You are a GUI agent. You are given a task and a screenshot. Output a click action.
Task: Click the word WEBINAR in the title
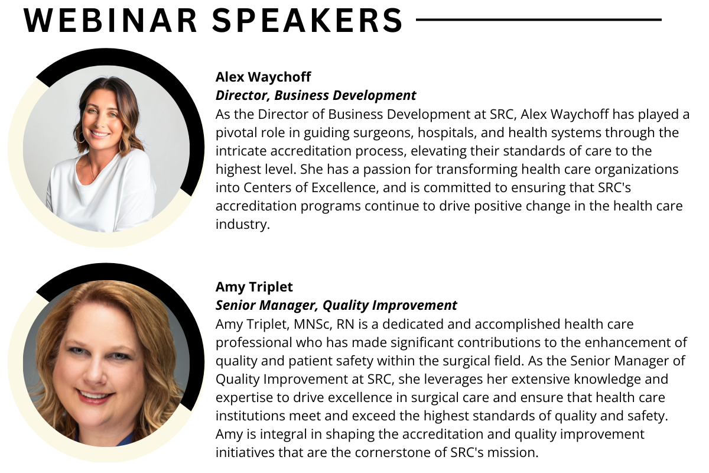(110, 21)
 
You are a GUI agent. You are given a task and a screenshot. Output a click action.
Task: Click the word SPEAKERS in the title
(307, 21)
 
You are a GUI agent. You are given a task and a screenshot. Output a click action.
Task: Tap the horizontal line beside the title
(538, 20)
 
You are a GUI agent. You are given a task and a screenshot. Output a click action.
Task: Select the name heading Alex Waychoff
(263, 77)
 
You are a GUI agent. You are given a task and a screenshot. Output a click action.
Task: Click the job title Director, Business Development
(316, 96)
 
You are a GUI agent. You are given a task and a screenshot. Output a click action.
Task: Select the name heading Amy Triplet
(254, 287)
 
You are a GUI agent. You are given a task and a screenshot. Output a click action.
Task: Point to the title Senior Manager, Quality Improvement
(336, 306)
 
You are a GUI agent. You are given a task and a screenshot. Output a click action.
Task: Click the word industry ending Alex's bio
(242, 224)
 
